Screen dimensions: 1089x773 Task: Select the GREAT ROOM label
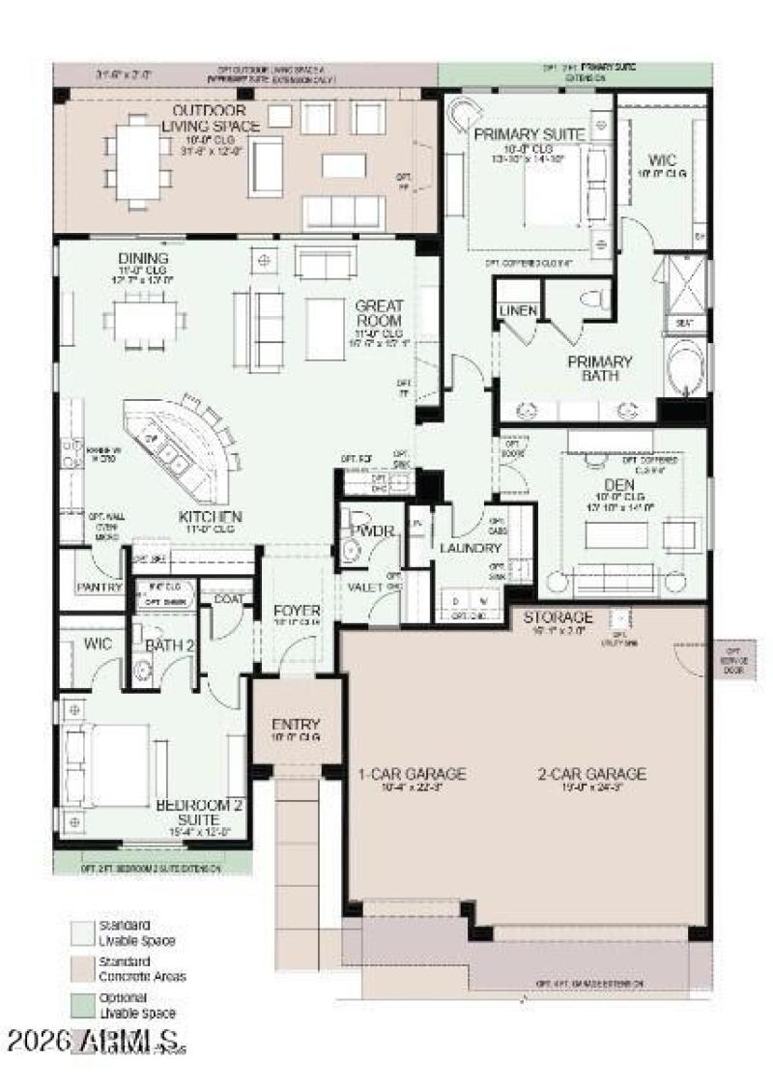click(380, 312)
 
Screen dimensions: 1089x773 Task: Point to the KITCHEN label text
click(209, 516)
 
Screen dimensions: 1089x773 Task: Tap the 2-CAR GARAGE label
click(592, 773)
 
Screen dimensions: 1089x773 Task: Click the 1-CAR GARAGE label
click(412, 773)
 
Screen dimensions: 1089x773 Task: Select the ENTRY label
click(296, 725)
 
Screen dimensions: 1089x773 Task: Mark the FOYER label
click(296, 611)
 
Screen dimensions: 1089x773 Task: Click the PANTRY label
click(99, 587)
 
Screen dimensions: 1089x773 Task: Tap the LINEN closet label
click(518, 310)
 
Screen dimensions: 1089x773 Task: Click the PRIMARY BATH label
click(599, 368)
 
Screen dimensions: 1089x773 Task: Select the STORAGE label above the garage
click(558, 616)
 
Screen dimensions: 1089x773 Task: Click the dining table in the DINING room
click(147, 316)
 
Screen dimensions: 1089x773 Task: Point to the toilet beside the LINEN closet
click(593, 299)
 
